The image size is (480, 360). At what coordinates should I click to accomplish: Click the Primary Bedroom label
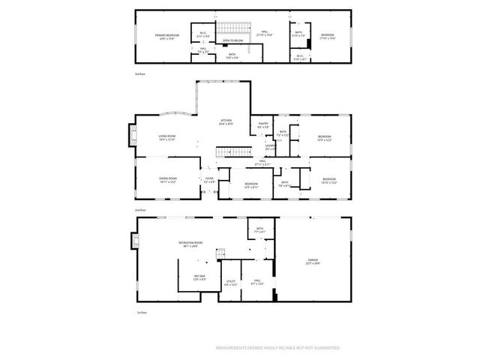pos(167,35)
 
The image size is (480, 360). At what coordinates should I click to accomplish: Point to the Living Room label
pos(166,137)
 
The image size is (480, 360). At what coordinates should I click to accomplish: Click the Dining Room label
pos(166,180)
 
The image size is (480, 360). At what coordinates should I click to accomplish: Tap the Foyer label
pos(209,179)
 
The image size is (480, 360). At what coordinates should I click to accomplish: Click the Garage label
pos(312,262)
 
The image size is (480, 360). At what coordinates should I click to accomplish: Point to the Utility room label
pos(230,282)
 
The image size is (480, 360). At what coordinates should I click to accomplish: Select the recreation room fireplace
pos(134,240)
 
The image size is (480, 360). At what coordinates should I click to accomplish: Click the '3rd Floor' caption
pos(139,74)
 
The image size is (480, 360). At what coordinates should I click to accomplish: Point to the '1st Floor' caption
pos(139,313)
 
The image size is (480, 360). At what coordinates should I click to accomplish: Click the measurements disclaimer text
pos(277,348)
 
